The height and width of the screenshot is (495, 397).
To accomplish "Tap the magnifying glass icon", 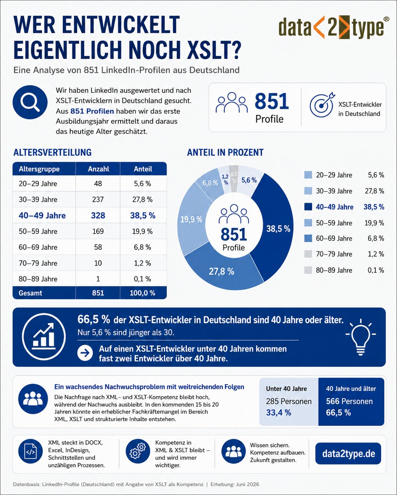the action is point(30,102).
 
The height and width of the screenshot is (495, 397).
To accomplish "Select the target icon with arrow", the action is point(322,105).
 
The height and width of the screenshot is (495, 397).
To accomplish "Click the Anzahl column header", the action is point(98,169).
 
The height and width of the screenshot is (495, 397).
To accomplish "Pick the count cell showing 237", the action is point(98,199).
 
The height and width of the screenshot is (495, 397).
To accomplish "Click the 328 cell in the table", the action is point(98,215).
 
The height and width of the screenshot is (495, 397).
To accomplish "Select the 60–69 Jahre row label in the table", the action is point(38,247).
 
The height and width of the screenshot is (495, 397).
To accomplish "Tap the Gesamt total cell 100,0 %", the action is point(143,293).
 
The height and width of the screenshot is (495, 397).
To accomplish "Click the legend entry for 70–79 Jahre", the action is point(344,254).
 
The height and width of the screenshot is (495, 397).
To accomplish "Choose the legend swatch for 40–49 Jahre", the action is point(308,207).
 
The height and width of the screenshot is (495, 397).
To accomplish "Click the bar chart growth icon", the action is point(44,336).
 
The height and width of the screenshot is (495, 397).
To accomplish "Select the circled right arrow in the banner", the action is point(85,353).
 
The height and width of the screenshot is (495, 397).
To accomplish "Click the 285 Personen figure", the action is point(289,401).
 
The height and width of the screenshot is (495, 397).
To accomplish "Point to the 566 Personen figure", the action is point(349,401).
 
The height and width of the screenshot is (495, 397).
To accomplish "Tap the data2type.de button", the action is point(348,453).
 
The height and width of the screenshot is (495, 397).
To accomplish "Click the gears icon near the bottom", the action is point(138,451).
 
